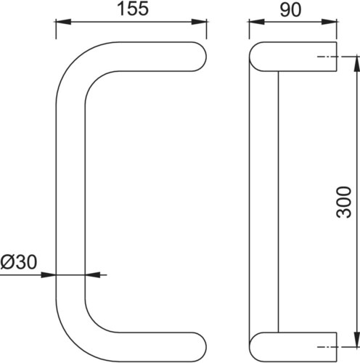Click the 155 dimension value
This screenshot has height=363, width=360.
click(133, 9)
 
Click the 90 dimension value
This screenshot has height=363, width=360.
click(290, 9)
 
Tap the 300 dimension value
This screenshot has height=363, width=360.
click(343, 202)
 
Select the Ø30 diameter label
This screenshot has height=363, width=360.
click(19, 262)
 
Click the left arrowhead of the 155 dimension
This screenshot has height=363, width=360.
click(63, 22)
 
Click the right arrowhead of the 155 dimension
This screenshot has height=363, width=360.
click(199, 22)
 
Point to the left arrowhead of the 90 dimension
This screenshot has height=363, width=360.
click(257, 22)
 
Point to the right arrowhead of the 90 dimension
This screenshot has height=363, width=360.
click(329, 22)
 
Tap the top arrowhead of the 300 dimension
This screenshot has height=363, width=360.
click(357, 64)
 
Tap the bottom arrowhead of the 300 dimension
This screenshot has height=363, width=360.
click(357, 340)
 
